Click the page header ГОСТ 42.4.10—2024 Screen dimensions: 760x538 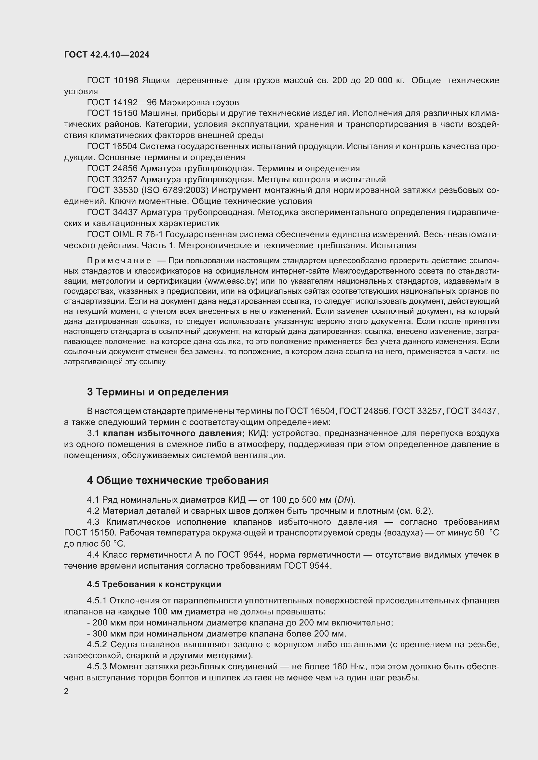(x=107, y=55)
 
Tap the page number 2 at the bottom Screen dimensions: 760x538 (x=66, y=691)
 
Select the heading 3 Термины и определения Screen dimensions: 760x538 (x=158, y=392)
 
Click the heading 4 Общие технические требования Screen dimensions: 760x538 (x=178, y=480)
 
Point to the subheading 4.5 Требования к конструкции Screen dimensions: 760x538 (x=154, y=584)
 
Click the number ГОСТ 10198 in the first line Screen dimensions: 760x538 (x=113, y=81)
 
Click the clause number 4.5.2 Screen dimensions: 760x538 (x=97, y=644)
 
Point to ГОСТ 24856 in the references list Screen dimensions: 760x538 (x=112, y=169)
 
